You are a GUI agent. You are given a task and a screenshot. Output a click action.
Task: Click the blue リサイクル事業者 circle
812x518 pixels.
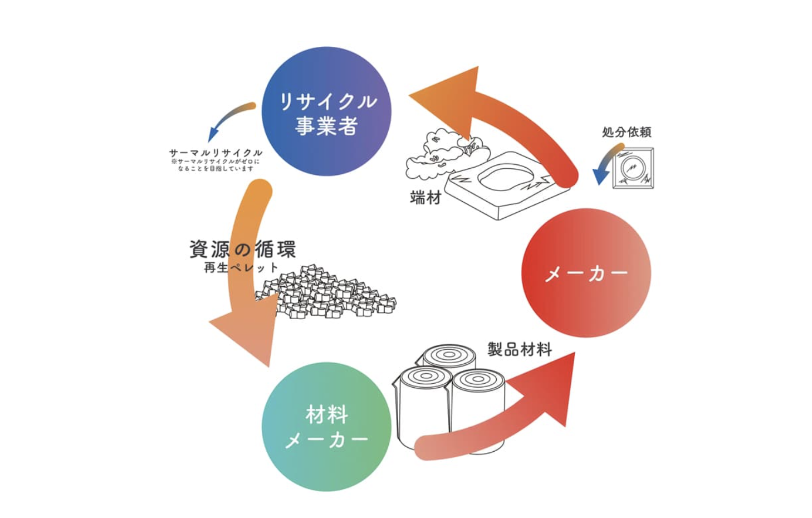(x=326, y=111)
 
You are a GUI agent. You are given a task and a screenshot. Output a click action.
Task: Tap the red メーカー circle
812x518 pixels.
(x=586, y=273)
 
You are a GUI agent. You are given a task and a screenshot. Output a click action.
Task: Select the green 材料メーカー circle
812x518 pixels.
(x=326, y=427)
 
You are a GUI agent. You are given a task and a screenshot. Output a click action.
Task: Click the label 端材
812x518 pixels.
(x=425, y=197)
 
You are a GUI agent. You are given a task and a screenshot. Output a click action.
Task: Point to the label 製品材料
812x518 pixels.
(x=520, y=350)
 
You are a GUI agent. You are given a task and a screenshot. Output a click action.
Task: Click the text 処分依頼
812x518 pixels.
(x=627, y=132)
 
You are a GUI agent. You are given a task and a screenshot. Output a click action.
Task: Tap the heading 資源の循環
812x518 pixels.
(x=242, y=249)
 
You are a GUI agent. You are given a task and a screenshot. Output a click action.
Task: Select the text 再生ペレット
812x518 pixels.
(x=241, y=268)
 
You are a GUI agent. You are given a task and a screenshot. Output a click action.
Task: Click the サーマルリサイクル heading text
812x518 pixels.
(x=216, y=153)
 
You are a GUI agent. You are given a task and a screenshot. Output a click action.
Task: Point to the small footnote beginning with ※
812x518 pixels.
(x=216, y=165)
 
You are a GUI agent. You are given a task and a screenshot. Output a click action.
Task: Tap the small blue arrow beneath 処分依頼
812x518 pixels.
(x=604, y=165)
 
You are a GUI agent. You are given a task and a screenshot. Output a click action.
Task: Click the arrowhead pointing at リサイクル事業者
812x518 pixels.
(x=446, y=100)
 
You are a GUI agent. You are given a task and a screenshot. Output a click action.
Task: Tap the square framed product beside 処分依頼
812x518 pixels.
(x=633, y=168)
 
